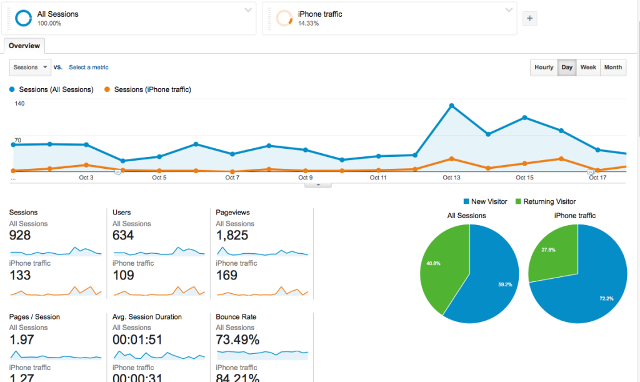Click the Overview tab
(24, 46)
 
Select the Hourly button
(544, 68)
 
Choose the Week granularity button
(587, 68)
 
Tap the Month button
(612, 68)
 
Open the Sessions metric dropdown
(31, 68)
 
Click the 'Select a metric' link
(88, 68)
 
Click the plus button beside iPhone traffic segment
(530, 19)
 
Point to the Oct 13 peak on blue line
(451, 106)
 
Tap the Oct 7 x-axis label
(232, 178)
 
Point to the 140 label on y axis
(19, 104)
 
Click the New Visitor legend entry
(485, 202)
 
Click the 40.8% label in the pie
(433, 264)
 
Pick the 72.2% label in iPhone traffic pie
(606, 299)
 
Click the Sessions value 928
(20, 236)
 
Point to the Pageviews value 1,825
(232, 236)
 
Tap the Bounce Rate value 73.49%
(237, 340)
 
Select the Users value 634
(124, 236)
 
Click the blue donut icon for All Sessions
(23, 19)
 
